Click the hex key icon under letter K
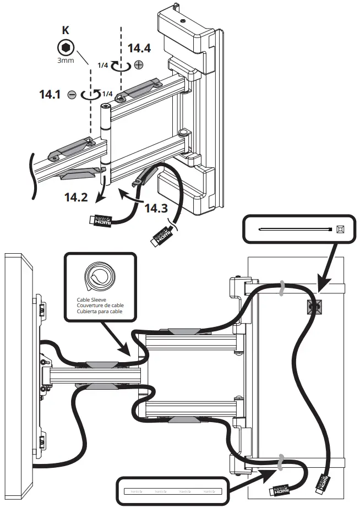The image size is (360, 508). pyautogui.click(x=66, y=47)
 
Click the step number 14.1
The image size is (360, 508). pyautogui.click(x=51, y=94)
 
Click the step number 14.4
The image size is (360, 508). pyautogui.click(x=139, y=47)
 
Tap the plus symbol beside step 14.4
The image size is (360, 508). pyautogui.click(x=139, y=65)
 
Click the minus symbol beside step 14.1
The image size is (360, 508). pyautogui.click(x=72, y=95)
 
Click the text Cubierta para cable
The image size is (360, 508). pyautogui.click(x=99, y=312)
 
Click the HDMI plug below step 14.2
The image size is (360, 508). pyautogui.click(x=100, y=220)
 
